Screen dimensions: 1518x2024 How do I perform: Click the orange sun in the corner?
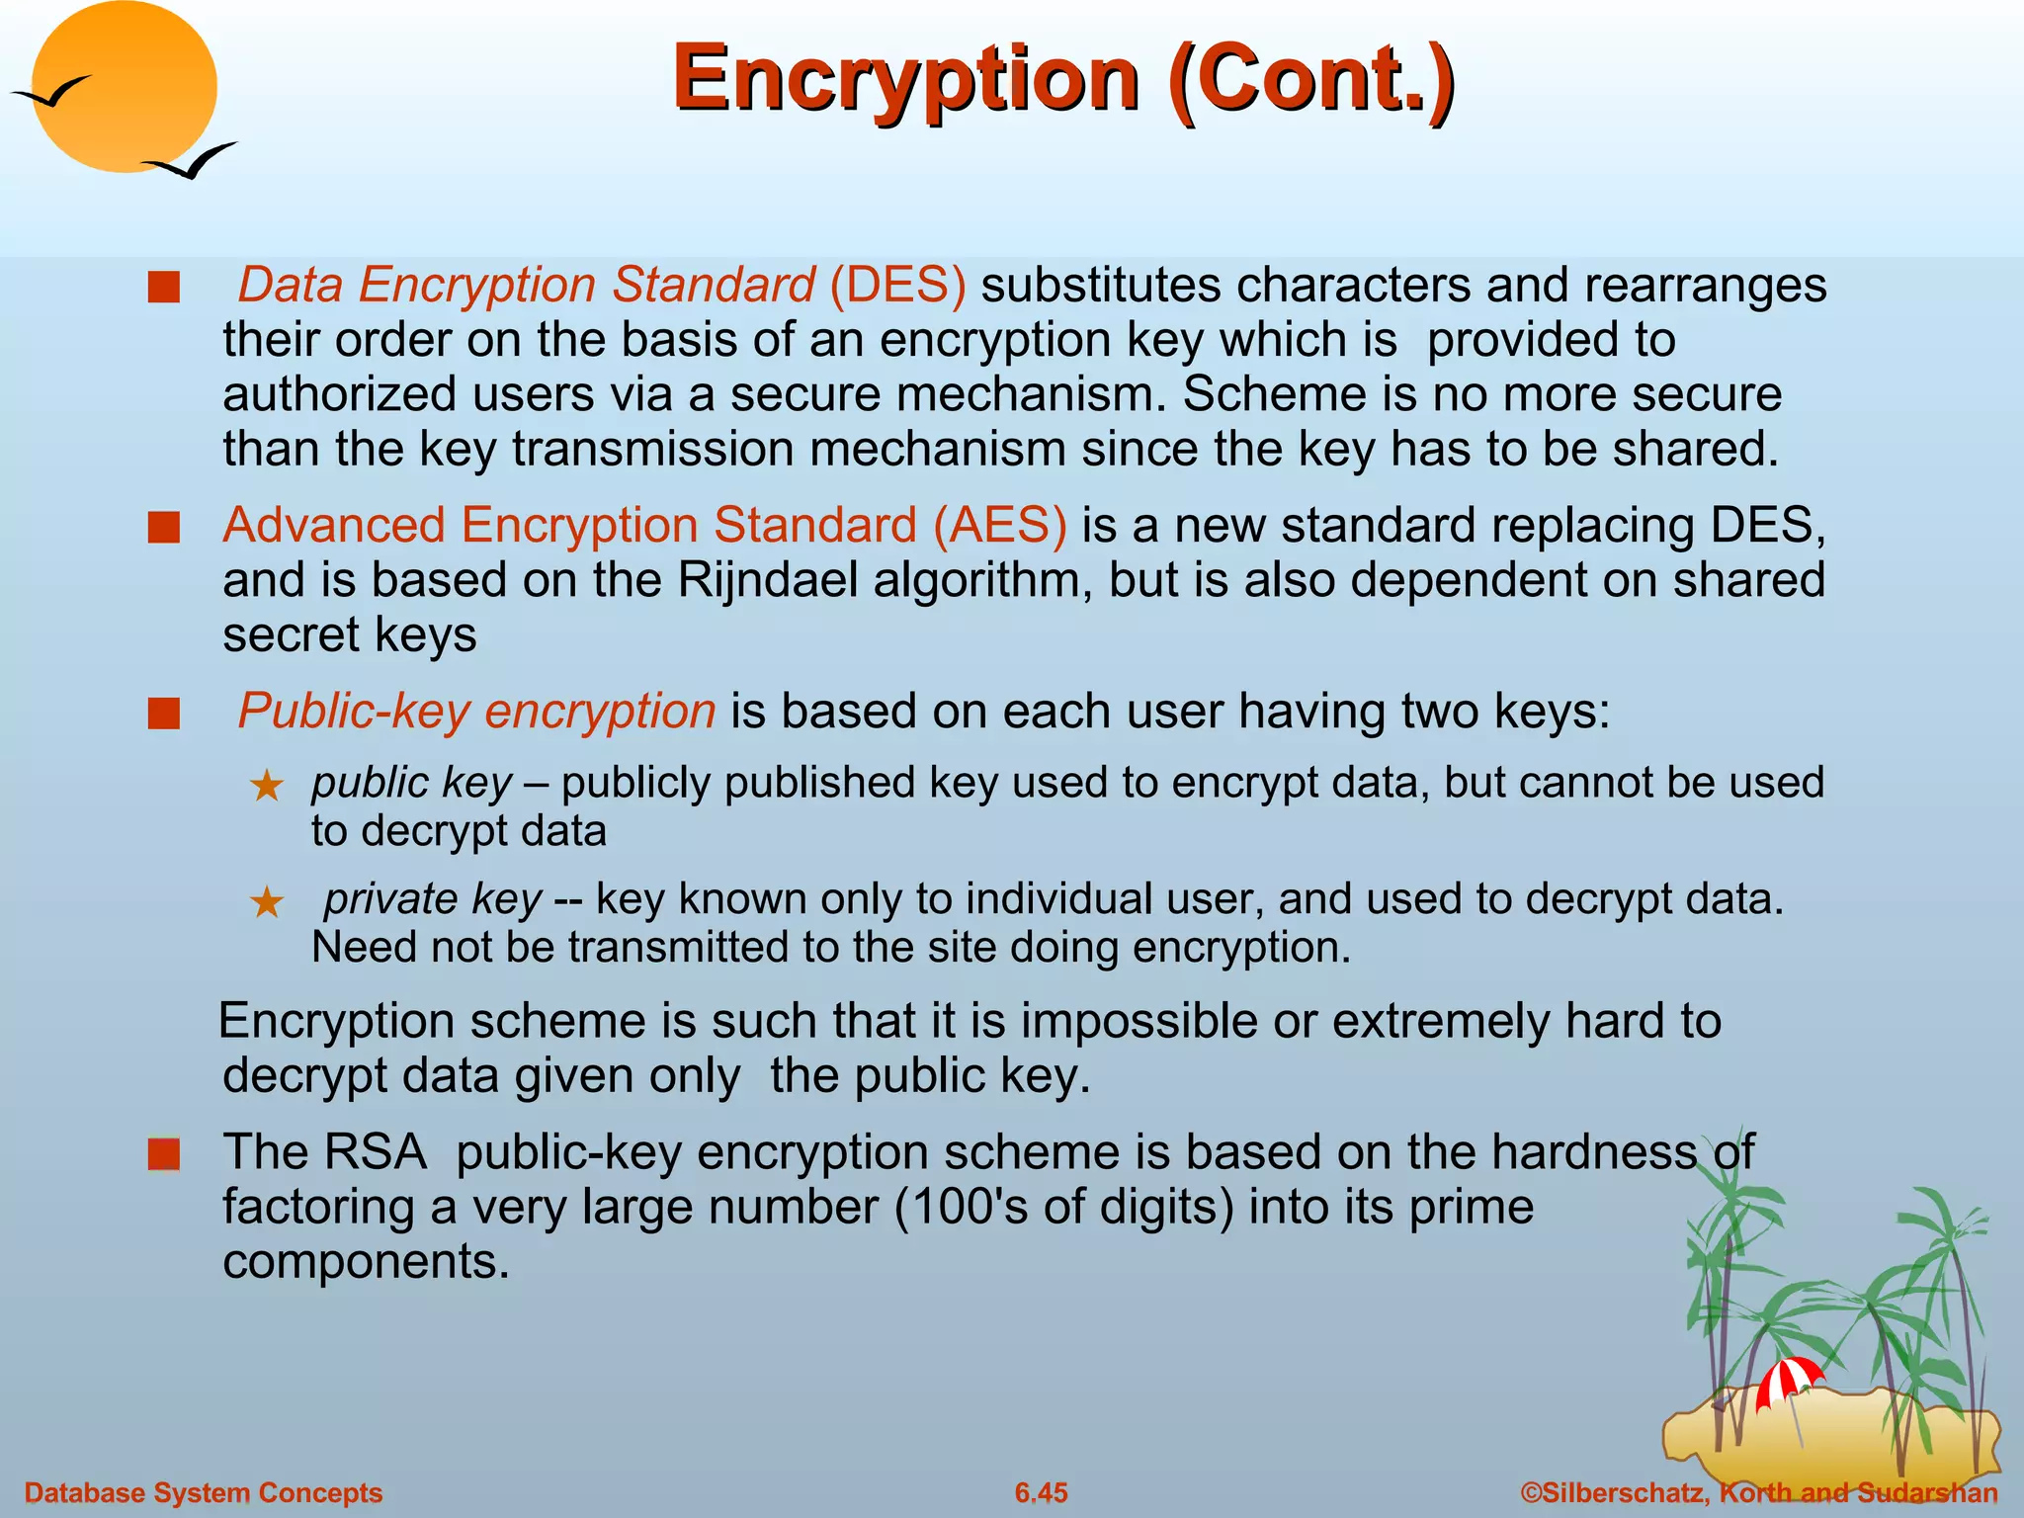click(124, 87)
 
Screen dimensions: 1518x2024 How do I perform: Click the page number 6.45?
click(1042, 1492)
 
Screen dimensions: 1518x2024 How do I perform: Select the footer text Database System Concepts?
click(203, 1492)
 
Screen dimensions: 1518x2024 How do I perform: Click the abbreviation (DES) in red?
click(897, 285)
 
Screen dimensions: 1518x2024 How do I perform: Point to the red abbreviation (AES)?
click(1000, 525)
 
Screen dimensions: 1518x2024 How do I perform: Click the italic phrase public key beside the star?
click(411, 783)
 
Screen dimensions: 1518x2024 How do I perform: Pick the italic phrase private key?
click(433, 899)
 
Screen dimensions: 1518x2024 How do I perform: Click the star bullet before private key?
click(267, 902)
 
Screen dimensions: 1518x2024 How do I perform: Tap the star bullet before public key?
click(267, 787)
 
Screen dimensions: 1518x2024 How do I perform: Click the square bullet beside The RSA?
click(164, 1154)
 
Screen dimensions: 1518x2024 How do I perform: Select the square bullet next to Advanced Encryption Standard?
click(164, 528)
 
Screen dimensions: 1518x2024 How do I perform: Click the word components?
click(366, 1262)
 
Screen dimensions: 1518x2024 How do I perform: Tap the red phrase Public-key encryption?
click(476, 712)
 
